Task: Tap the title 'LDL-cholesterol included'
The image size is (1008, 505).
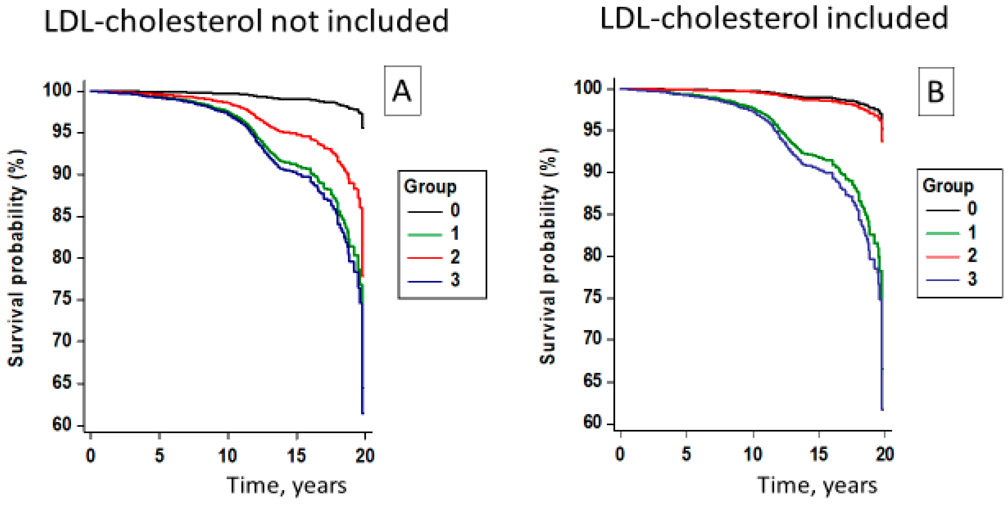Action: click(774, 19)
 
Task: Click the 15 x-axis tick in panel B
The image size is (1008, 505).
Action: click(818, 454)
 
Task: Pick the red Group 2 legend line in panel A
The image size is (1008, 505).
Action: click(425, 258)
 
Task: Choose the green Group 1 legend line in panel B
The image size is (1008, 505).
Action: click(943, 233)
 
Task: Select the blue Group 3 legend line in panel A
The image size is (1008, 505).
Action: click(425, 281)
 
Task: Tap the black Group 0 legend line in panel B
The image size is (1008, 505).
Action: click(943, 210)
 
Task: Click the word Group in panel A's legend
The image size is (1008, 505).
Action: click(430, 187)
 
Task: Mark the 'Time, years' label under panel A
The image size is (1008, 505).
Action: click(287, 486)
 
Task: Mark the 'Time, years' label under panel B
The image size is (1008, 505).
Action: click(818, 485)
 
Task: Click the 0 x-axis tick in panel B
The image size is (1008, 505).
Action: click(620, 454)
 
